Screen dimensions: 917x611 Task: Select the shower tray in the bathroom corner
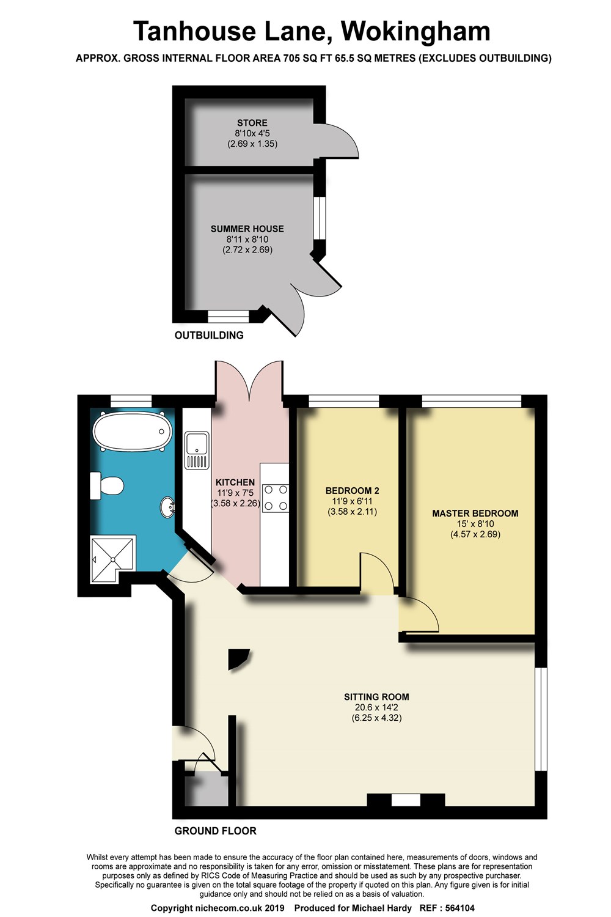[112, 554]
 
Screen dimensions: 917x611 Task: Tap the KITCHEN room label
[235, 482]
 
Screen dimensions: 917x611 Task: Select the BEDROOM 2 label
[352, 490]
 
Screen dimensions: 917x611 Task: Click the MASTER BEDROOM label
[475, 514]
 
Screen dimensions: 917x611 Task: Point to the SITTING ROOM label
[376, 697]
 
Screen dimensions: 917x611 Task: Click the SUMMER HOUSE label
[247, 229]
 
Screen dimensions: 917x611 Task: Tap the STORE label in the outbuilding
[252, 123]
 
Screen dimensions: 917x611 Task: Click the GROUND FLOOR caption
[215, 831]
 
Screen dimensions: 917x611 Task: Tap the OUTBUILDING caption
[209, 335]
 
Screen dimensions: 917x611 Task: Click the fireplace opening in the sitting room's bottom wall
[406, 800]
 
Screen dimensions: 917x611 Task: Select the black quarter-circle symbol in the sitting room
[237, 658]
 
